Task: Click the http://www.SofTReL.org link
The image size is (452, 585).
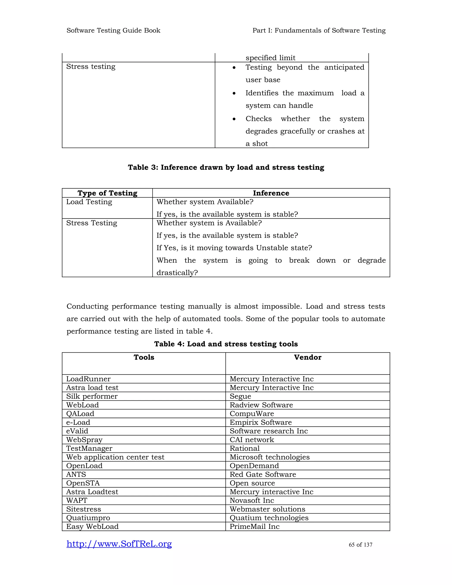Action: (119, 544)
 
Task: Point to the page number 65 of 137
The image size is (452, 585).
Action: (360, 545)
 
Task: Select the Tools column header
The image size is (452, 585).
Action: (144, 357)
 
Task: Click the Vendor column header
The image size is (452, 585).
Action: (307, 357)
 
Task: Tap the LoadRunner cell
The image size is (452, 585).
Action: (88, 379)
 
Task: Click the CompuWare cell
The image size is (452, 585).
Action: (252, 414)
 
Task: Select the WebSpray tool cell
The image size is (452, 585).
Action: (84, 440)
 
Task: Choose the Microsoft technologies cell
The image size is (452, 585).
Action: (269, 457)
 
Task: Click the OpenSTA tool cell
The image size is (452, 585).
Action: (83, 483)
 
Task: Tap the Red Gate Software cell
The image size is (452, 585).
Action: (263, 474)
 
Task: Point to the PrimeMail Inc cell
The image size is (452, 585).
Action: (254, 526)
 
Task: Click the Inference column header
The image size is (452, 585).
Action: (271, 193)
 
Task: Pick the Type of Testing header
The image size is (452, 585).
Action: (107, 193)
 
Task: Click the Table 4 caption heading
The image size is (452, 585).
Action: (226, 344)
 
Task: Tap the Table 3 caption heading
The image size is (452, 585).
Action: (226, 167)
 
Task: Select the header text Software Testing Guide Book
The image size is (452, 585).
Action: (113, 30)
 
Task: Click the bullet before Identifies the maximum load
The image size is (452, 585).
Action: (234, 93)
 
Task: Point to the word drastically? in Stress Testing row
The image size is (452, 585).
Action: (177, 273)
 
